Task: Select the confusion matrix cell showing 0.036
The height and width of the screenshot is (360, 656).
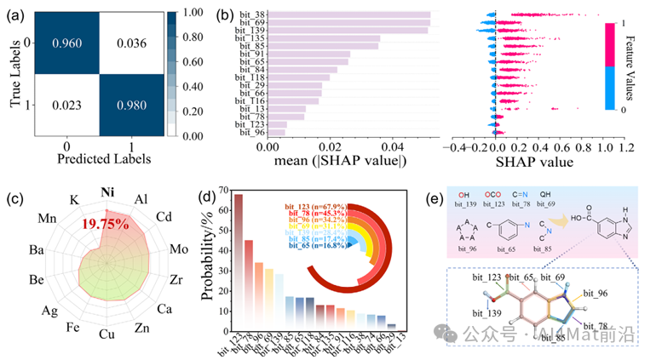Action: point(133,41)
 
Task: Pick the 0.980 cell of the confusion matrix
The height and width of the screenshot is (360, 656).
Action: point(133,105)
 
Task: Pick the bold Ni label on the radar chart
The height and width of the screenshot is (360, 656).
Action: point(108,191)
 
